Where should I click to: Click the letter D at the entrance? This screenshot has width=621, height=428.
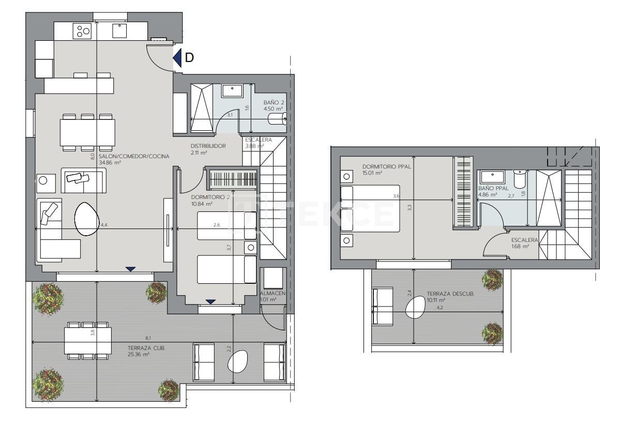click(x=189, y=58)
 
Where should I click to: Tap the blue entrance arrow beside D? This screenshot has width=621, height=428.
click(x=177, y=58)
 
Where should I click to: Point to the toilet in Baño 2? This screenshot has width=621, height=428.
click(x=278, y=120)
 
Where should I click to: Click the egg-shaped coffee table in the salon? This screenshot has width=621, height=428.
click(x=87, y=219)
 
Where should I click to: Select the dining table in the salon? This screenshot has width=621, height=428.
click(x=87, y=133)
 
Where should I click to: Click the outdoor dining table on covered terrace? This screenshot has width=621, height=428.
click(x=88, y=341)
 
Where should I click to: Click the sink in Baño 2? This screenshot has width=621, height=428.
click(x=233, y=91)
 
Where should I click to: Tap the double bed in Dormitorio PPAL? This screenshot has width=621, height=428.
click(x=371, y=208)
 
